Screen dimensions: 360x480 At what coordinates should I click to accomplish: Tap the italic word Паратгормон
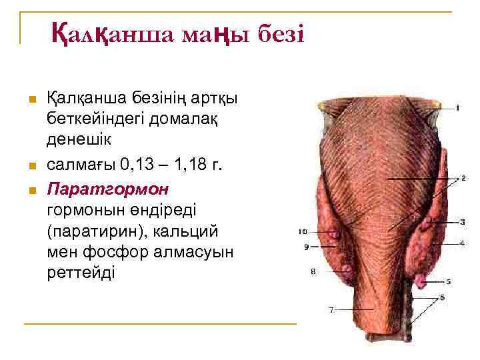[x=108, y=189]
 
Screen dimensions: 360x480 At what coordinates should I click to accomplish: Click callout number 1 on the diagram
[x=458, y=108]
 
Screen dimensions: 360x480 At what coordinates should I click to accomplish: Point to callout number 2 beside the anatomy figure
[x=463, y=179]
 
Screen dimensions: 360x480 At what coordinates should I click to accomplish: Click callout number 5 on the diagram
[x=449, y=281]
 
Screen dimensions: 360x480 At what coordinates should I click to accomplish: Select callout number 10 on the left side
[x=303, y=232]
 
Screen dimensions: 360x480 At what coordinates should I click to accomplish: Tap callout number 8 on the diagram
[x=312, y=271]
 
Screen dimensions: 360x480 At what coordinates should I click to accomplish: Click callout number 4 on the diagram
[x=462, y=243]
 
